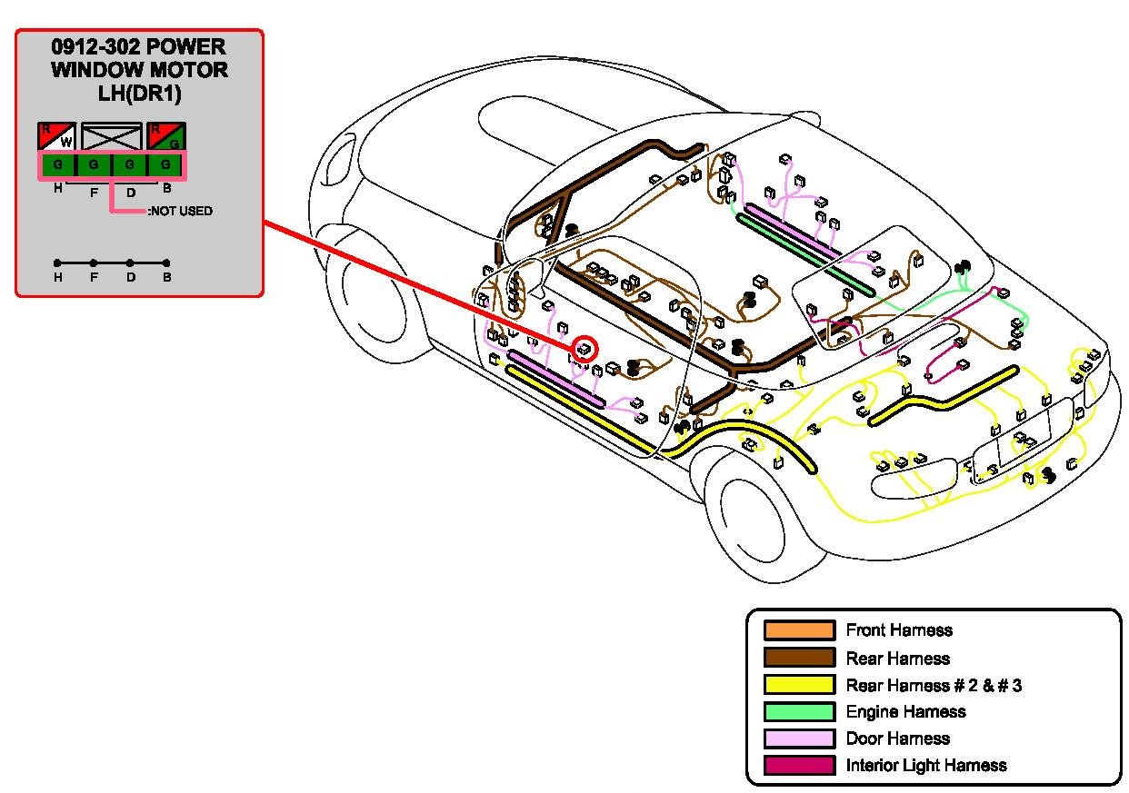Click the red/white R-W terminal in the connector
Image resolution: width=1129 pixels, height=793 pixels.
(56, 135)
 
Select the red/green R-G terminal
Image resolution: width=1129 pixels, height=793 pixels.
(166, 135)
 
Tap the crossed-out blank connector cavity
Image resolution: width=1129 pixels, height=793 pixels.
(111, 135)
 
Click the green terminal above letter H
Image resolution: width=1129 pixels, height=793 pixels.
(58, 164)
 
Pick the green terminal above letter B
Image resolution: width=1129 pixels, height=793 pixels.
(165, 164)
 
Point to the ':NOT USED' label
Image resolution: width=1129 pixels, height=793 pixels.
(180, 211)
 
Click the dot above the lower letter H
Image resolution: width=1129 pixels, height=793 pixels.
(57, 263)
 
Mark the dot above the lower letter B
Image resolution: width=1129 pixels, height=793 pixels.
(166, 263)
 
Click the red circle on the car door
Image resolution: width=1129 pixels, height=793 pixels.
(584, 348)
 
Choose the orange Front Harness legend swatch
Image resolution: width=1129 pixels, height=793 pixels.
(799, 630)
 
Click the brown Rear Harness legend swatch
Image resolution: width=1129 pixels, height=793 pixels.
(799, 658)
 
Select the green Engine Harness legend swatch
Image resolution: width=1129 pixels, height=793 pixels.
(799, 711)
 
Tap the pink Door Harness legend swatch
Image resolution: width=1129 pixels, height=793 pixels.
(799, 738)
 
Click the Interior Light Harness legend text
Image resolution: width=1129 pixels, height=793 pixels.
(925, 765)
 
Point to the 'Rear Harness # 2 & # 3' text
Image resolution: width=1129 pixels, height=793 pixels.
(934, 685)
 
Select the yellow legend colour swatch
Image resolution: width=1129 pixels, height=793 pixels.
(799, 685)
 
